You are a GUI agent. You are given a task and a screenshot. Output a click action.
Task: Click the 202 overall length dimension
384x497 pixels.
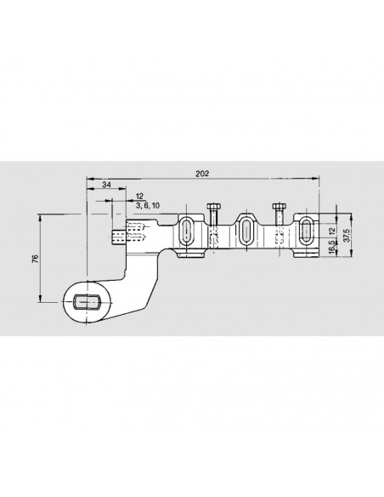click(202, 174)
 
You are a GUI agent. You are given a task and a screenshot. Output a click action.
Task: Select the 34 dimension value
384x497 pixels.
click(107, 185)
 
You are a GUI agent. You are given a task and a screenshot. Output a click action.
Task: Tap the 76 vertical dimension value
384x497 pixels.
click(36, 259)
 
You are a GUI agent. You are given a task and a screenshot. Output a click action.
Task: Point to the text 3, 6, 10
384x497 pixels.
click(148, 206)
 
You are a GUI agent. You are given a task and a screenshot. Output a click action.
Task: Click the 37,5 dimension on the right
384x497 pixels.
click(346, 235)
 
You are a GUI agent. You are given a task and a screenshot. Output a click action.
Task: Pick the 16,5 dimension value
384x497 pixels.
click(332, 246)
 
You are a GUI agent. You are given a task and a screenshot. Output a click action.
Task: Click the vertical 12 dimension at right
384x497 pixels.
click(332, 231)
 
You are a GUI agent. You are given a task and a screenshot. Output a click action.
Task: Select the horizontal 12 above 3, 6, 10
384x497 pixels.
click(139, 197)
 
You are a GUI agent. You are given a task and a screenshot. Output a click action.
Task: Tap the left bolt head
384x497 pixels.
click(213, 207)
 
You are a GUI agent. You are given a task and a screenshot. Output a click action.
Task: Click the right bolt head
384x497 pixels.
click(280, 207)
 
